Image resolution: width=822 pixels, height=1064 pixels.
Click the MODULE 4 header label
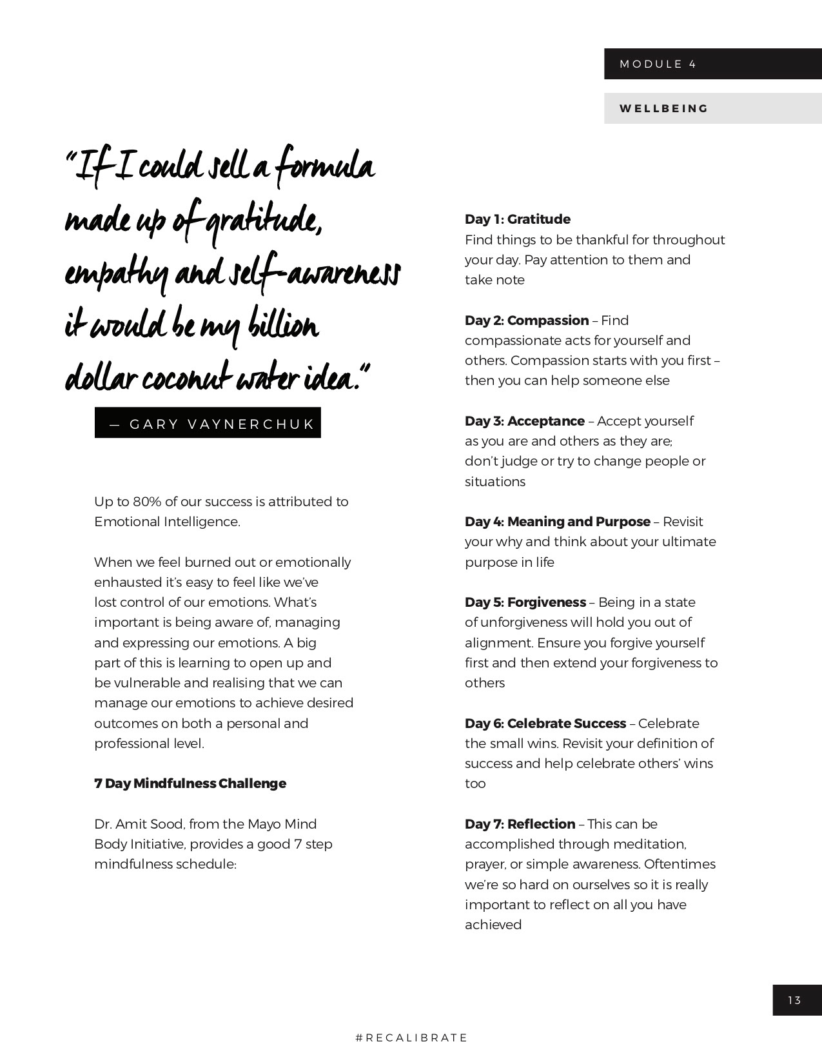tap(658, 64)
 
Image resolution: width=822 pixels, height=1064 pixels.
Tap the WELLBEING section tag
tap(663, 108)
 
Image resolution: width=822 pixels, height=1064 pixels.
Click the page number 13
tap(794, 1000)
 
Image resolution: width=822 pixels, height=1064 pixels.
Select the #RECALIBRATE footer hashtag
tap(411, 1038)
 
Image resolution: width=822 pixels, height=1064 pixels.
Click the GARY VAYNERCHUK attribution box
tap(208, 423)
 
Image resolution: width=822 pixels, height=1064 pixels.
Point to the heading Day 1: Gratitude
tap(518, 219)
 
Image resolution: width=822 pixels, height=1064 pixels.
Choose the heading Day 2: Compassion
tap(527, 320)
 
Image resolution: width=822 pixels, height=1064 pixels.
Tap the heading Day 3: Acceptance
tap(525, 421)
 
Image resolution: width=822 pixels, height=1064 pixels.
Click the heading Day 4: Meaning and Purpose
tap(558, 522)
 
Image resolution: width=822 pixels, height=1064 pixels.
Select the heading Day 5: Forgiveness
tap(525, 602)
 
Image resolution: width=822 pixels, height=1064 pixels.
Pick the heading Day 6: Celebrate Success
tap(545, 724)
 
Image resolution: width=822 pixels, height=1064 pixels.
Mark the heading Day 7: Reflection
tap(520, 824)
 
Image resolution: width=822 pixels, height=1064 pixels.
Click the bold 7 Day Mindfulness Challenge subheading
tap(190, 783)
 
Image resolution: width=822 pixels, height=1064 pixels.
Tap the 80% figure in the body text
tap(148, 502)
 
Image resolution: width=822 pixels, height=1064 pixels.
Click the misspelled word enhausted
tap(128, 582)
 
